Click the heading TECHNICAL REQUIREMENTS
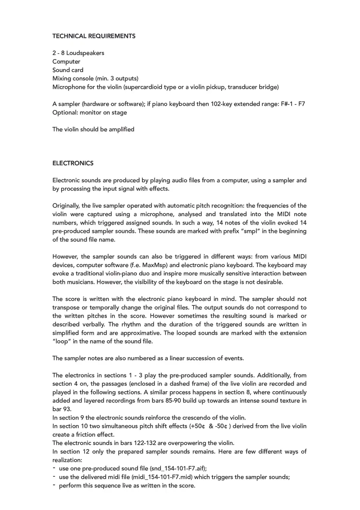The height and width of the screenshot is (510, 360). pos(94,36)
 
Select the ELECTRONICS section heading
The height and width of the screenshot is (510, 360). pos(73,163)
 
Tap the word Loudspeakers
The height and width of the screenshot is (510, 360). pos(85,53)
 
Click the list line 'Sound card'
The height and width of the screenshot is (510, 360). pos(68,70)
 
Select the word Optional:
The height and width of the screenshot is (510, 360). pos(65,112)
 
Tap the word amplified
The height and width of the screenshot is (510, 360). pos(120,129)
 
